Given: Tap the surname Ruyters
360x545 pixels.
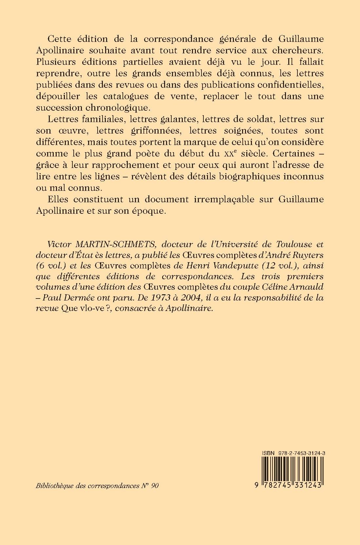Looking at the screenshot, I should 306,255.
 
